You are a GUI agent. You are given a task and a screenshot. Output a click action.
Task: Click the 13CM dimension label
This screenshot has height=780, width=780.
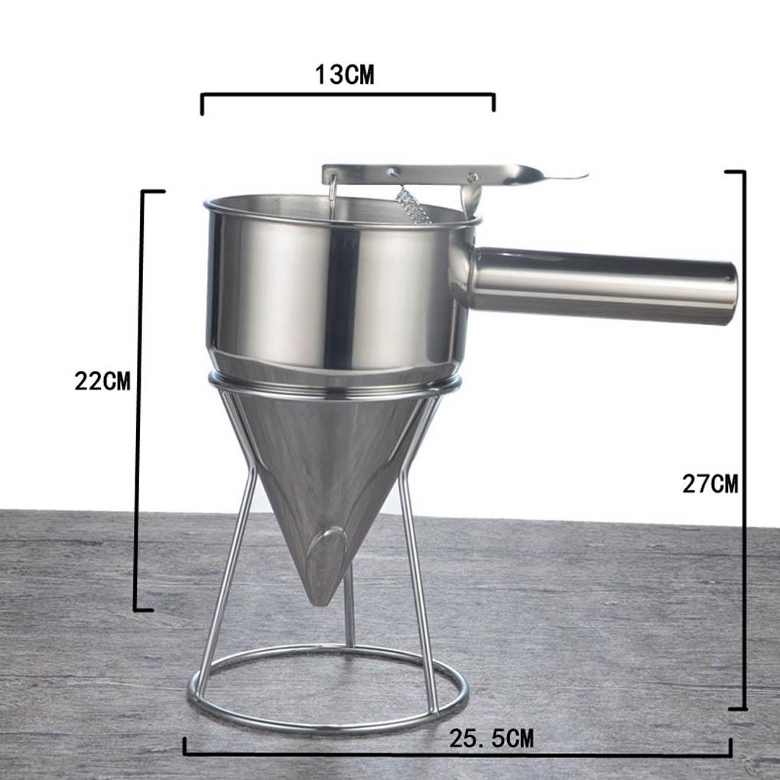[x=345, y=75]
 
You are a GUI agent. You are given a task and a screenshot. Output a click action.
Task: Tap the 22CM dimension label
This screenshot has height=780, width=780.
[x=102, y=381]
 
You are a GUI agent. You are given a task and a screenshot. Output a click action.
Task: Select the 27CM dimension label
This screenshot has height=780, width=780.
[x=710, y=484]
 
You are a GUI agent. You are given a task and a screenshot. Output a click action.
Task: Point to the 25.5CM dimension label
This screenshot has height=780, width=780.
[x=491, y=739]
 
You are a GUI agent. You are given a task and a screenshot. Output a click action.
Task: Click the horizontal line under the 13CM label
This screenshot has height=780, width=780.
[x=348, y=95]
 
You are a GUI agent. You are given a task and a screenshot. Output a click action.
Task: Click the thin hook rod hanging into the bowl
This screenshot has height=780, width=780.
[x=333, y=199]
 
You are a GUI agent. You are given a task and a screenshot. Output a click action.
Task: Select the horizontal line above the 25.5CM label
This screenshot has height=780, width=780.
[x=459, y=755]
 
